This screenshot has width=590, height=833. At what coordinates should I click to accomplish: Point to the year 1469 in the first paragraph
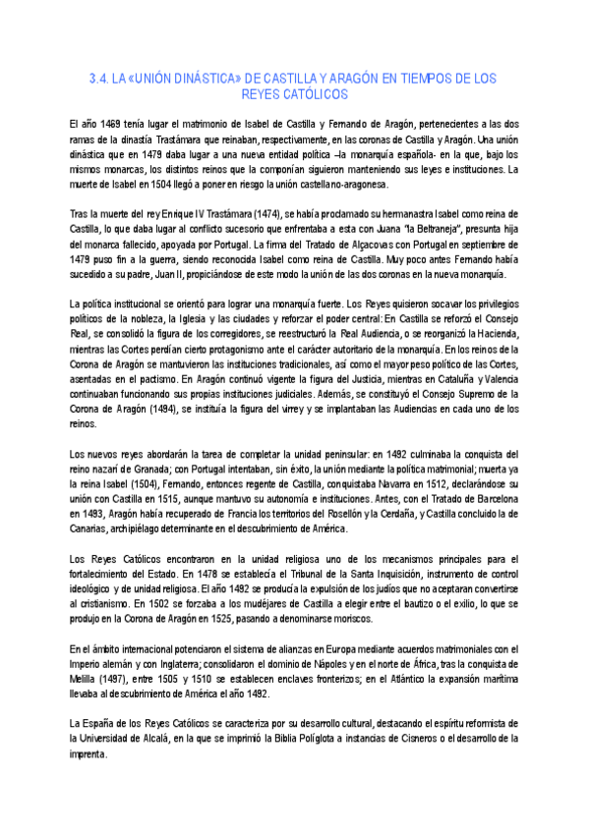coord(106,125)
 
